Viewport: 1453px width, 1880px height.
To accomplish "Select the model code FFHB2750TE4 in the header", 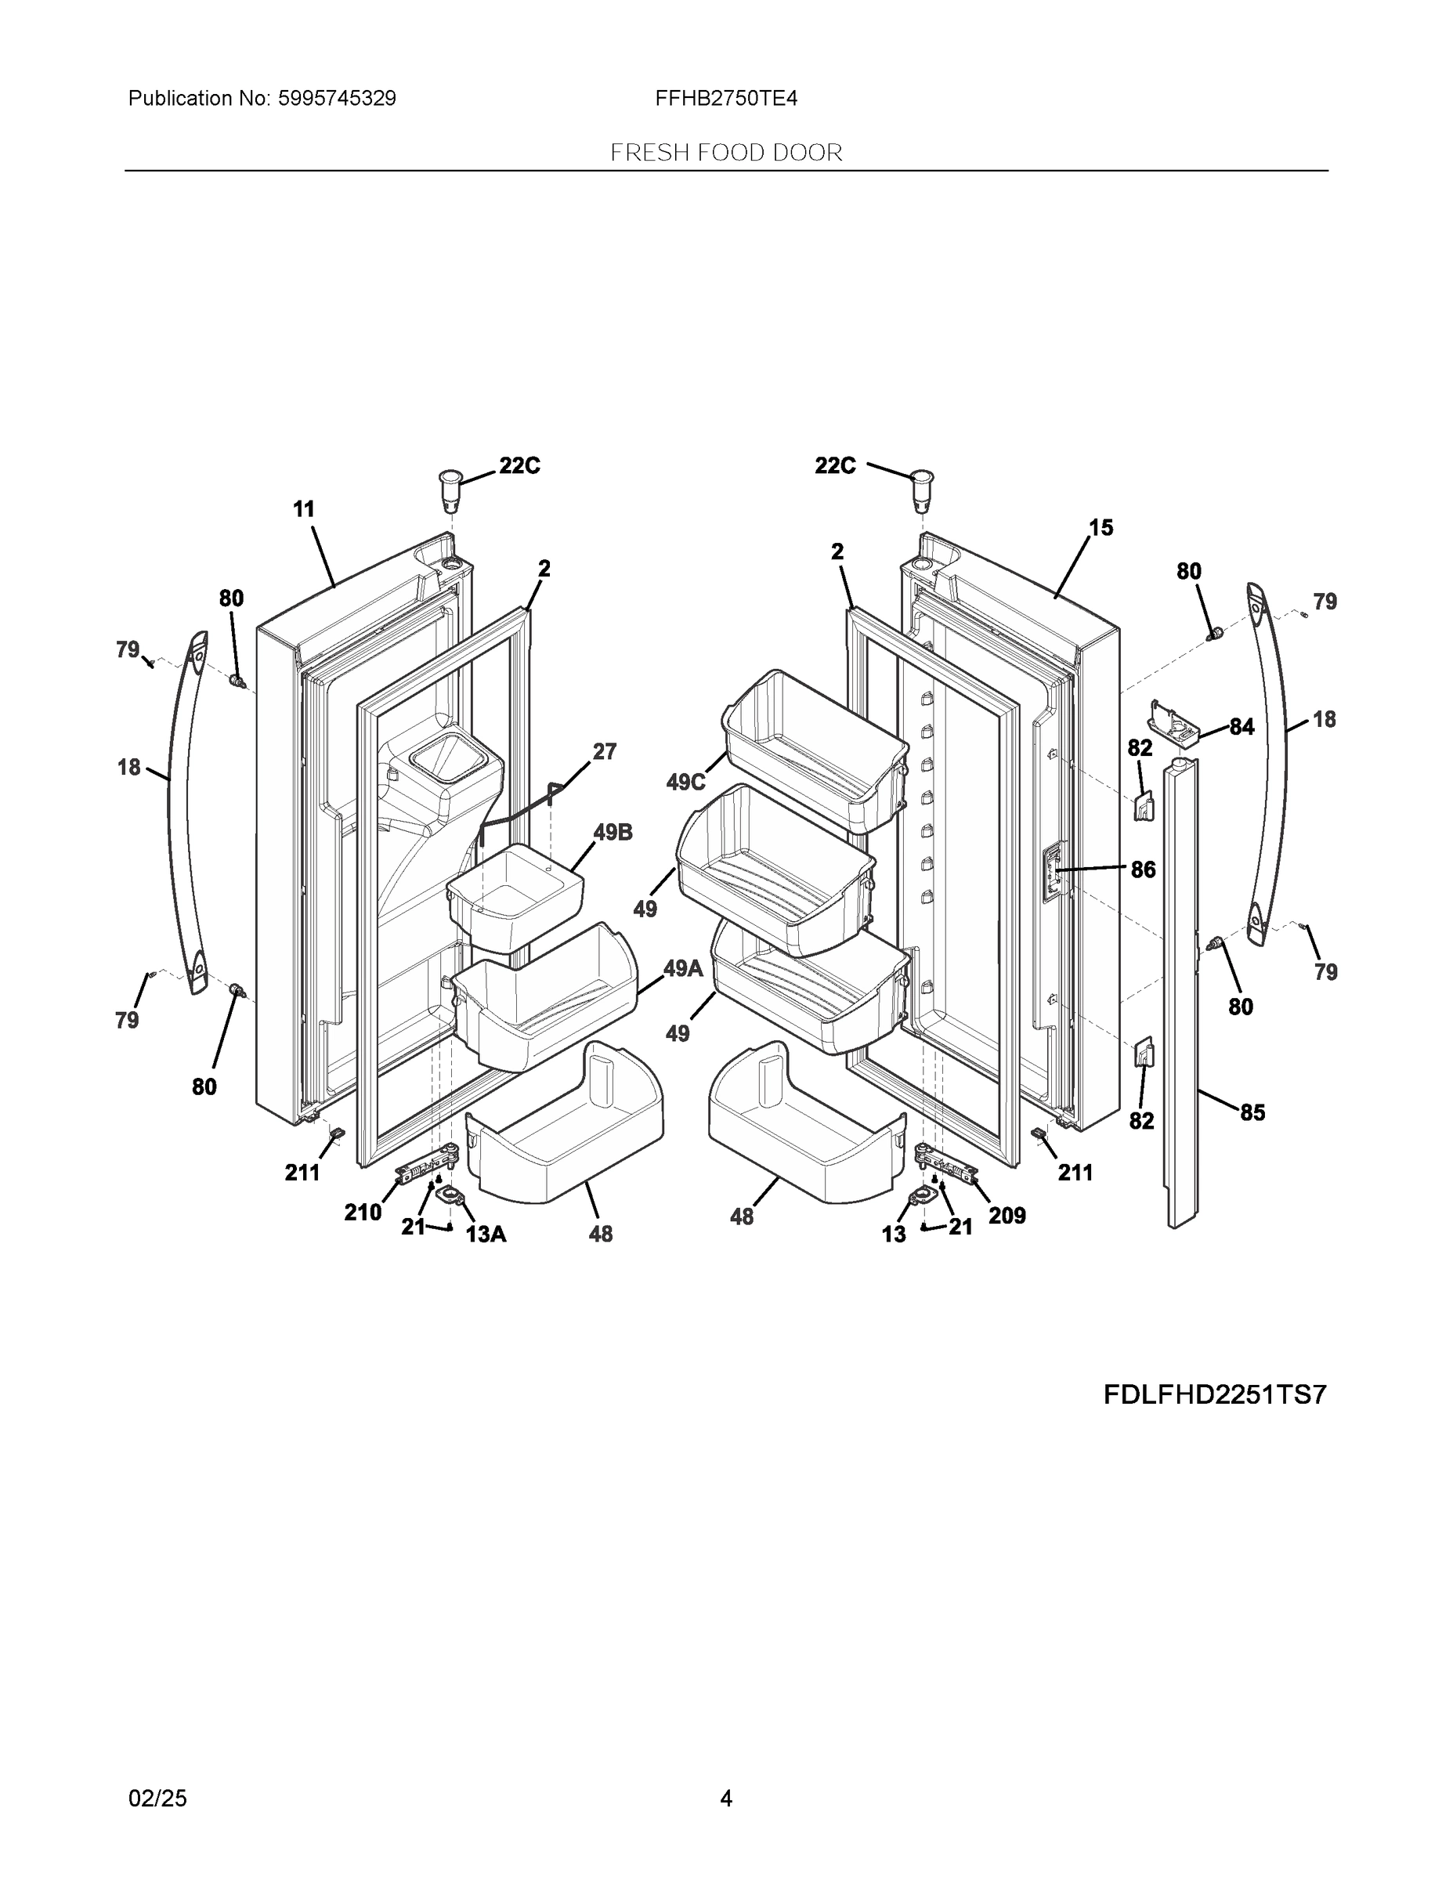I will click(725, 99).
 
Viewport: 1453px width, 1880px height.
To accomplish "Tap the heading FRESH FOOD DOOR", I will click(725, 154).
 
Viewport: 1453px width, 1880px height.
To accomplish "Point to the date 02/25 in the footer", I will click(157, 1799).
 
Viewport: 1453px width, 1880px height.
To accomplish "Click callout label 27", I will click(604, 751).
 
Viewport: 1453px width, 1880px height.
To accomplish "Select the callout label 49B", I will click(612, 833).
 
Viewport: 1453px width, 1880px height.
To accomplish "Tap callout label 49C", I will click(685, 783).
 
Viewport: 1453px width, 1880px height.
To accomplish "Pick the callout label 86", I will click(1142, 869).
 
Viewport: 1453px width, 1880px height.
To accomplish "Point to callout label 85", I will click(1252, 1112).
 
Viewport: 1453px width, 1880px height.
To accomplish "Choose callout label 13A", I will click(486, 1235).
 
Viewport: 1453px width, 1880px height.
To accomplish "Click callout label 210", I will click(363, 1212).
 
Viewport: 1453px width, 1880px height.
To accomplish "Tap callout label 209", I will click(1007, 1216).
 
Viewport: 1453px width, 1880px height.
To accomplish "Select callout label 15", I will click(1101, 528).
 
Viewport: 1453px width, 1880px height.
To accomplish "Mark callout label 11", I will click(303, 510).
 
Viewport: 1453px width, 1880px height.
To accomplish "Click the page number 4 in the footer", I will click(725, 1799).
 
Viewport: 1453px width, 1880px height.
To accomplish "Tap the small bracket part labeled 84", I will click(1174, 721).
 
